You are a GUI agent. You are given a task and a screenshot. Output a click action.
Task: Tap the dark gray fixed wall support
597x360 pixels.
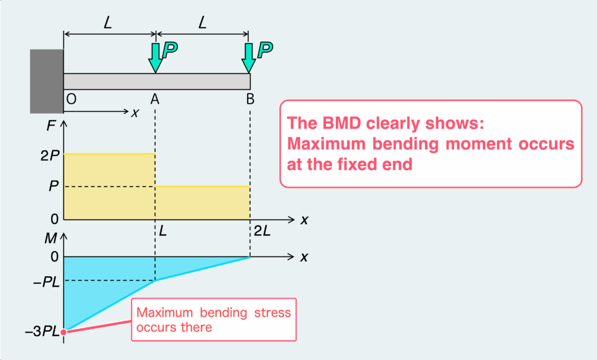(x=47, y=81)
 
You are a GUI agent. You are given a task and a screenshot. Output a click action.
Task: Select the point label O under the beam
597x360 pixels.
(x=71, y=100)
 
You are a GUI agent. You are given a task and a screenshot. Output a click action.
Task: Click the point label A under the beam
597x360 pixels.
(x=155, y=100)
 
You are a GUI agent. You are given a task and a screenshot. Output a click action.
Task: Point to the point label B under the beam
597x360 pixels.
(x=250, y=100)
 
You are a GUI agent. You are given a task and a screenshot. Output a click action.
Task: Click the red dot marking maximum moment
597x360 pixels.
(x=64, y=332)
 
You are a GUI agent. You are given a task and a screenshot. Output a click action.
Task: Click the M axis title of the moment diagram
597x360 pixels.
(x=52, y=238)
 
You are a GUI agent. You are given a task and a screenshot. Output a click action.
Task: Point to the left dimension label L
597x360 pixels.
(x=109, y=24)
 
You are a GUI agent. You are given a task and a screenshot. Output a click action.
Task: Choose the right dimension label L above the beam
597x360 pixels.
(x=202, y=24)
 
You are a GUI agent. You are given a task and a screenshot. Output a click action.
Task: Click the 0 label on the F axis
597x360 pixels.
(x=54, y=220)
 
